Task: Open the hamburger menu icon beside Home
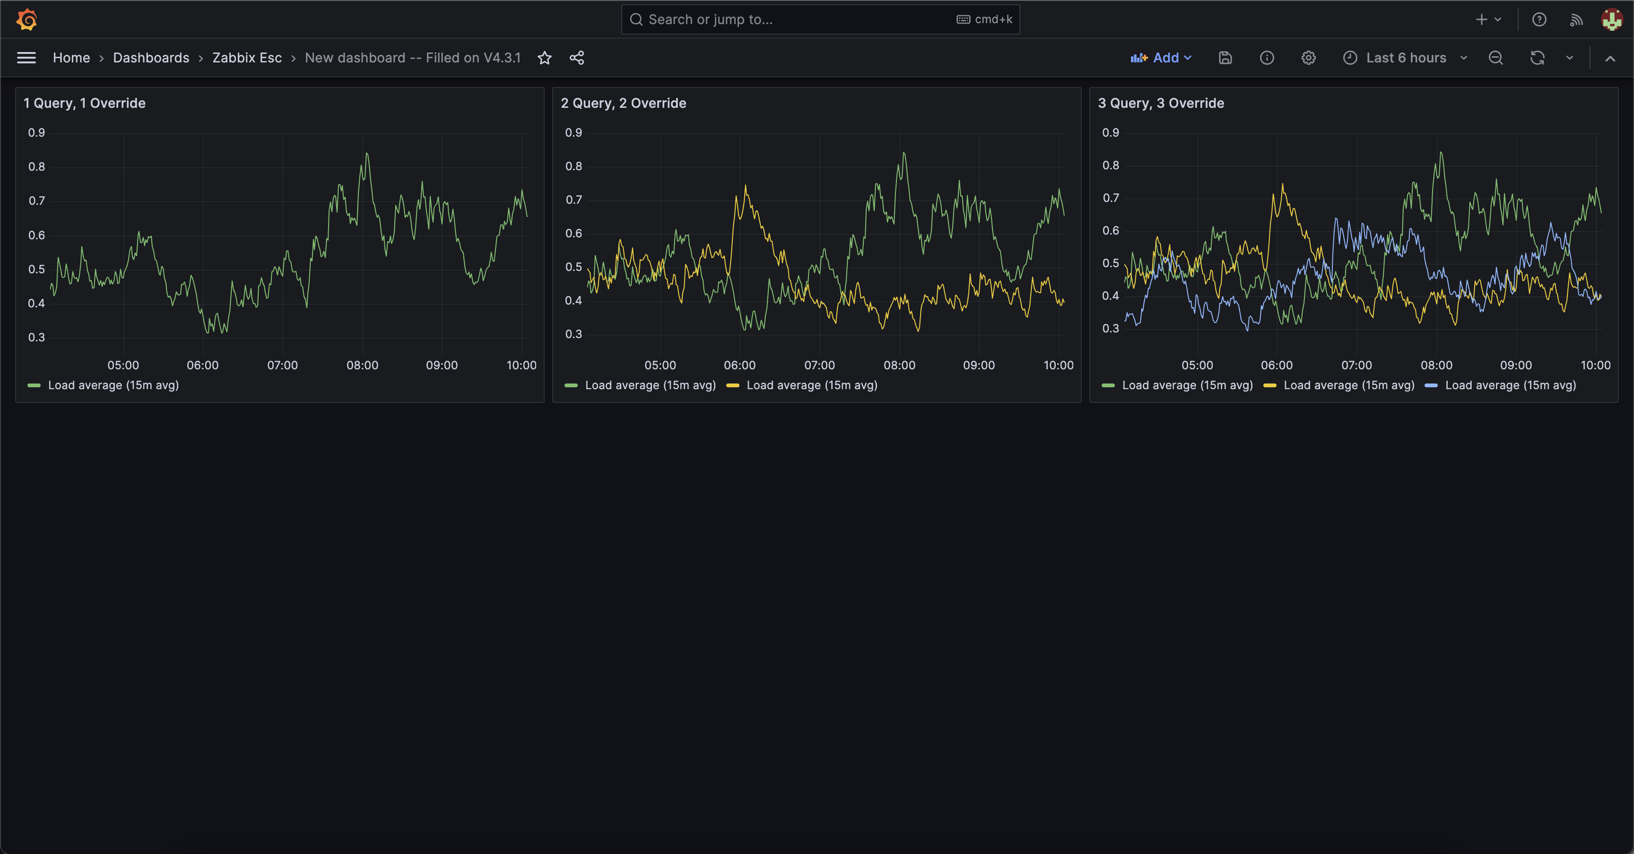(x=26, y=58)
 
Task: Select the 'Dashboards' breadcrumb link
(x=151, y=58)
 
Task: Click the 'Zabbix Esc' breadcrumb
(x=247, y=58)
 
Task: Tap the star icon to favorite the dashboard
(x=544, y=58)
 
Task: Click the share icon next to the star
(x=577, y=58)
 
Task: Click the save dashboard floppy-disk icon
(x=1225, y=58)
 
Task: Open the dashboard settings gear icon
(x=1308, y=58)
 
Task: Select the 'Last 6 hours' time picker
(x=1405, y=58)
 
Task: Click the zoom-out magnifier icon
(x=1495, y=58)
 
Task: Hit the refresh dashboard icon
(x=1537, y=58)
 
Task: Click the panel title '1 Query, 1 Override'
(x=84, y=103)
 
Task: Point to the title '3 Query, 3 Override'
(x=1161, y=103)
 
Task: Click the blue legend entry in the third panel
(x=1510, y=385)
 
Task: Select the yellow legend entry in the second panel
(x=811, y=385)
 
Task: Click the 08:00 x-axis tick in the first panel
(x=362, y=366)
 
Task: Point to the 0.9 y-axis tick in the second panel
(x=574, y=132)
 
